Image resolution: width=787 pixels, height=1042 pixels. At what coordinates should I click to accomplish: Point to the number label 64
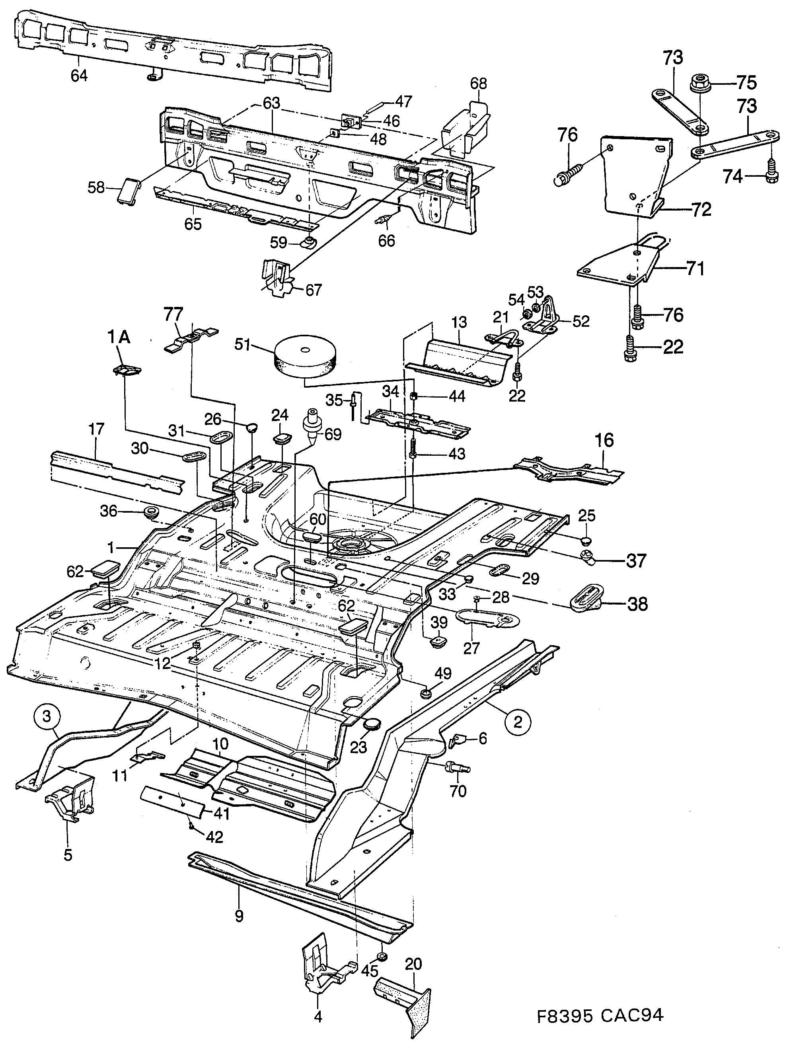79,75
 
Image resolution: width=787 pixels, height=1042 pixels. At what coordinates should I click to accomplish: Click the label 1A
119,337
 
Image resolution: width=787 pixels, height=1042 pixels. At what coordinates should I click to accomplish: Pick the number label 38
638,603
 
